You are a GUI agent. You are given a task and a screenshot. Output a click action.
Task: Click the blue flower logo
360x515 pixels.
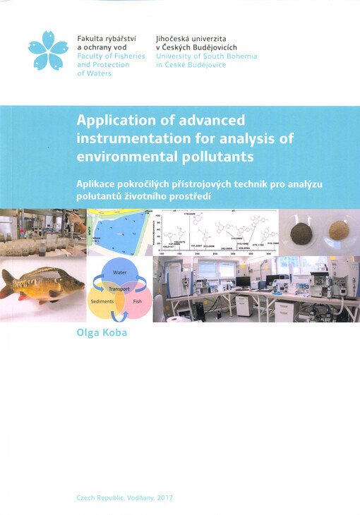click(48, 51)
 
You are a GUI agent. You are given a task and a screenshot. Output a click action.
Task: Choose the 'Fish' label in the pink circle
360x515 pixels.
click(137, 301)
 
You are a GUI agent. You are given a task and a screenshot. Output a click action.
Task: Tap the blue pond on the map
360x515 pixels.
click(116, 229)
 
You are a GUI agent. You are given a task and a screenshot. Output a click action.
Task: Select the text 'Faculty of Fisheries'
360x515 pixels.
click(111, 56)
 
